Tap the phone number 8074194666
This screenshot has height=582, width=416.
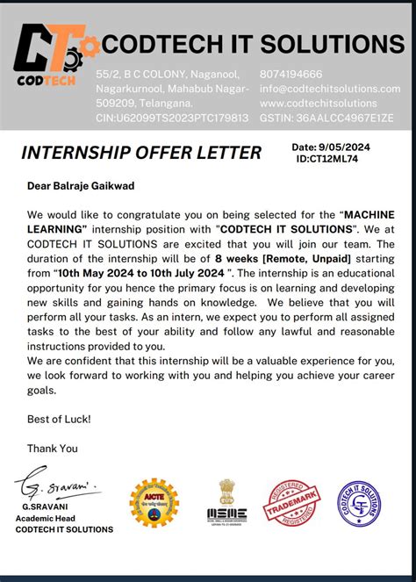(291, 75)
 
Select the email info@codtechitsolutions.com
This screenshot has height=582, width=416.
(330, 89)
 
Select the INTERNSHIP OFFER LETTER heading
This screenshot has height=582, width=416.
(141, 153)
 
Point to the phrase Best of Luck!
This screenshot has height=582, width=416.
(59, 420)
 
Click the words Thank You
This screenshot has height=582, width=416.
(53, 448)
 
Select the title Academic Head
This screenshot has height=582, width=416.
(58, 518)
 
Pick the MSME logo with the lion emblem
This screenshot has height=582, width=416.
(226, 503)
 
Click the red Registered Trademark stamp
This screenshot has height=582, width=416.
(293, 503)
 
